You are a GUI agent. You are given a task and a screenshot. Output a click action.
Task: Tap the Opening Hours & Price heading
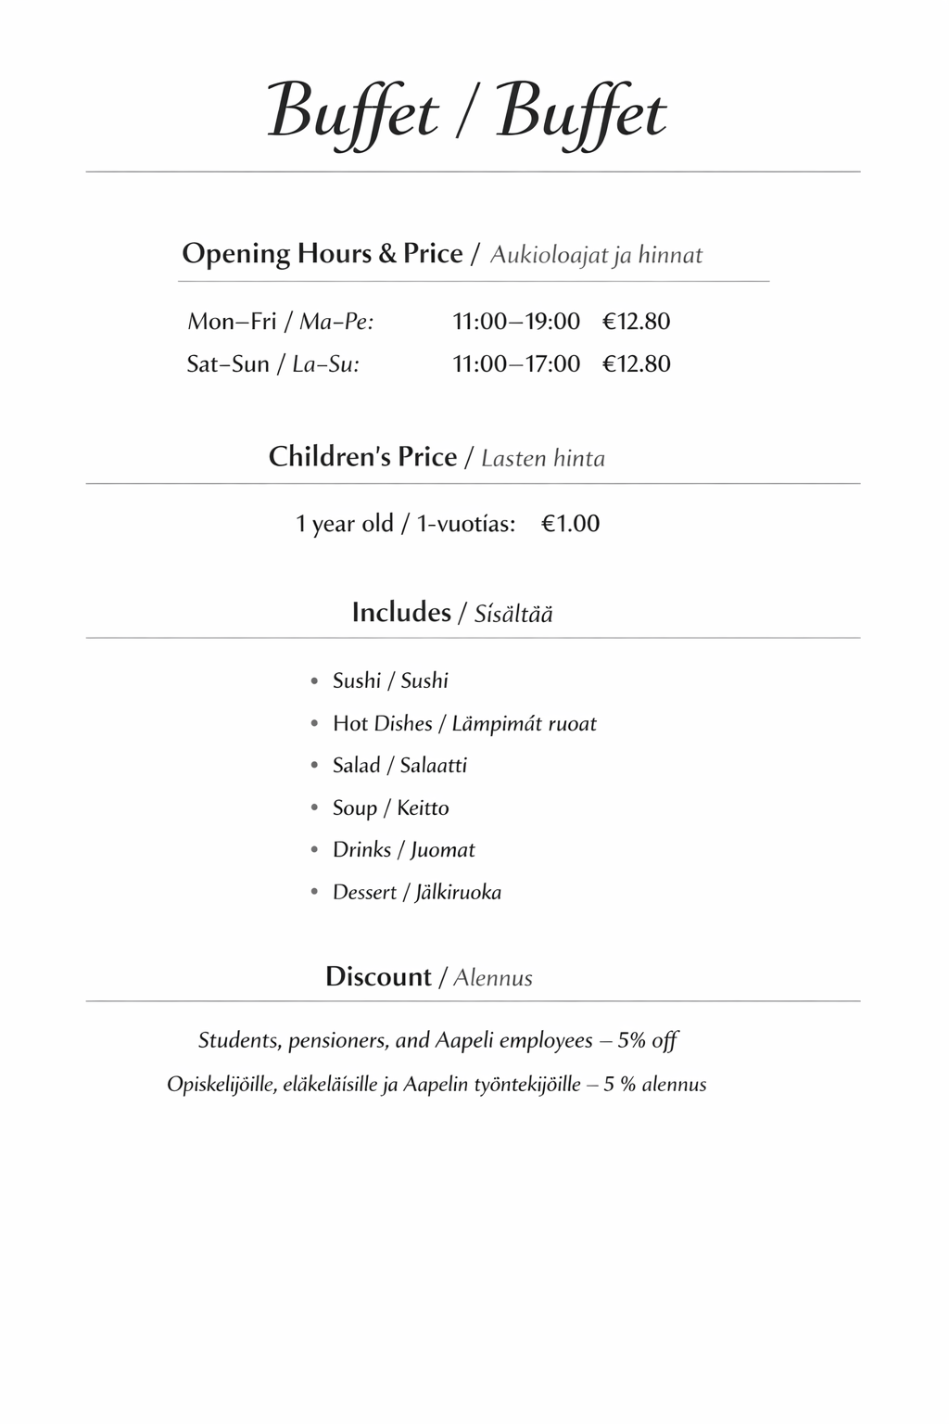tap(322, 254)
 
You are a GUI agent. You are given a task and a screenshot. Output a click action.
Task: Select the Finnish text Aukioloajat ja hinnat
tap(596, 255)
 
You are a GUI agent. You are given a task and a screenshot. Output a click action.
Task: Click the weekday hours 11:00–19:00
tap(515, 322)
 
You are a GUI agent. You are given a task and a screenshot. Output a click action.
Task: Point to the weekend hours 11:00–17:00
tap(515, 363)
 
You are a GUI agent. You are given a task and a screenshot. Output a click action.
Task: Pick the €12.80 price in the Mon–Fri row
tap(636, 322)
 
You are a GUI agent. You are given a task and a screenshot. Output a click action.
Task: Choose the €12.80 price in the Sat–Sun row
tap(636, 363)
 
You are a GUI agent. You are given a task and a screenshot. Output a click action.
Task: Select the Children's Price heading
tap(362, 457)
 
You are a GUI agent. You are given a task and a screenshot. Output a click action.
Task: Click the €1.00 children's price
tap(570, 524)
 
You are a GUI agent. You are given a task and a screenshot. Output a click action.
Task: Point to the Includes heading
tap(400, 612)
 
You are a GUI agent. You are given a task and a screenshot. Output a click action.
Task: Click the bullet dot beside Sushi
tap(314, 681)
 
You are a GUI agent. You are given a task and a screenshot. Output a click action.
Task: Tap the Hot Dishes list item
tap(463, 723)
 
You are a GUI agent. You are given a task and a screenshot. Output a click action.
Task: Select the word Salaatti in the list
tap(433, 766)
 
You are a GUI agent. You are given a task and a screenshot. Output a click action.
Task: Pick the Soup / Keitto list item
tap(390, 807)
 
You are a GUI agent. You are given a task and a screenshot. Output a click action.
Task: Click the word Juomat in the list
tap(442, 850)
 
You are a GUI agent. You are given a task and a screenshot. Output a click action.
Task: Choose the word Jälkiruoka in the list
tap(458, 893)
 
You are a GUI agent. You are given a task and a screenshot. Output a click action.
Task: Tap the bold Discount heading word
tap(378, 977)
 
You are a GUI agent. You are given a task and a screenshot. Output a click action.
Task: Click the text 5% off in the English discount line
tap(647, 1040)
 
